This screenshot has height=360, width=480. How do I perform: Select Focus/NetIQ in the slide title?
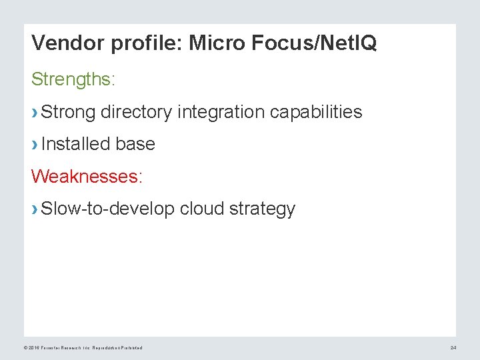(315, 44)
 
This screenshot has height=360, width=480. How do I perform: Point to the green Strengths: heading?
(73, 80)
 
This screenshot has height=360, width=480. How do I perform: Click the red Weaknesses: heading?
(87, 177)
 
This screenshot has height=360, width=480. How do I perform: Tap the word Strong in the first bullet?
(68, 112)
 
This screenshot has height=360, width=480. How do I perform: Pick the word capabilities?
(316, 112)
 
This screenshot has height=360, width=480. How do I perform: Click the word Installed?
(75, 144)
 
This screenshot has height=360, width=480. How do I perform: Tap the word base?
(135, 144)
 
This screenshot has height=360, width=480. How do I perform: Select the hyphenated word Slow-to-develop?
(108, 209)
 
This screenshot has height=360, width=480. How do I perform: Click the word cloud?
(202, 209)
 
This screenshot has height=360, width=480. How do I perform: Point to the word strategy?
(262, 209)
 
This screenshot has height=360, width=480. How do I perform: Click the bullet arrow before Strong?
(35, 113)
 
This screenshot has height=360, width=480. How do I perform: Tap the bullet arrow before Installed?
(35, 145)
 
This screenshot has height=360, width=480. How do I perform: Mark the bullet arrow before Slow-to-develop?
(35, 210)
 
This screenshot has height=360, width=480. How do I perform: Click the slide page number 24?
(453, 348)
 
